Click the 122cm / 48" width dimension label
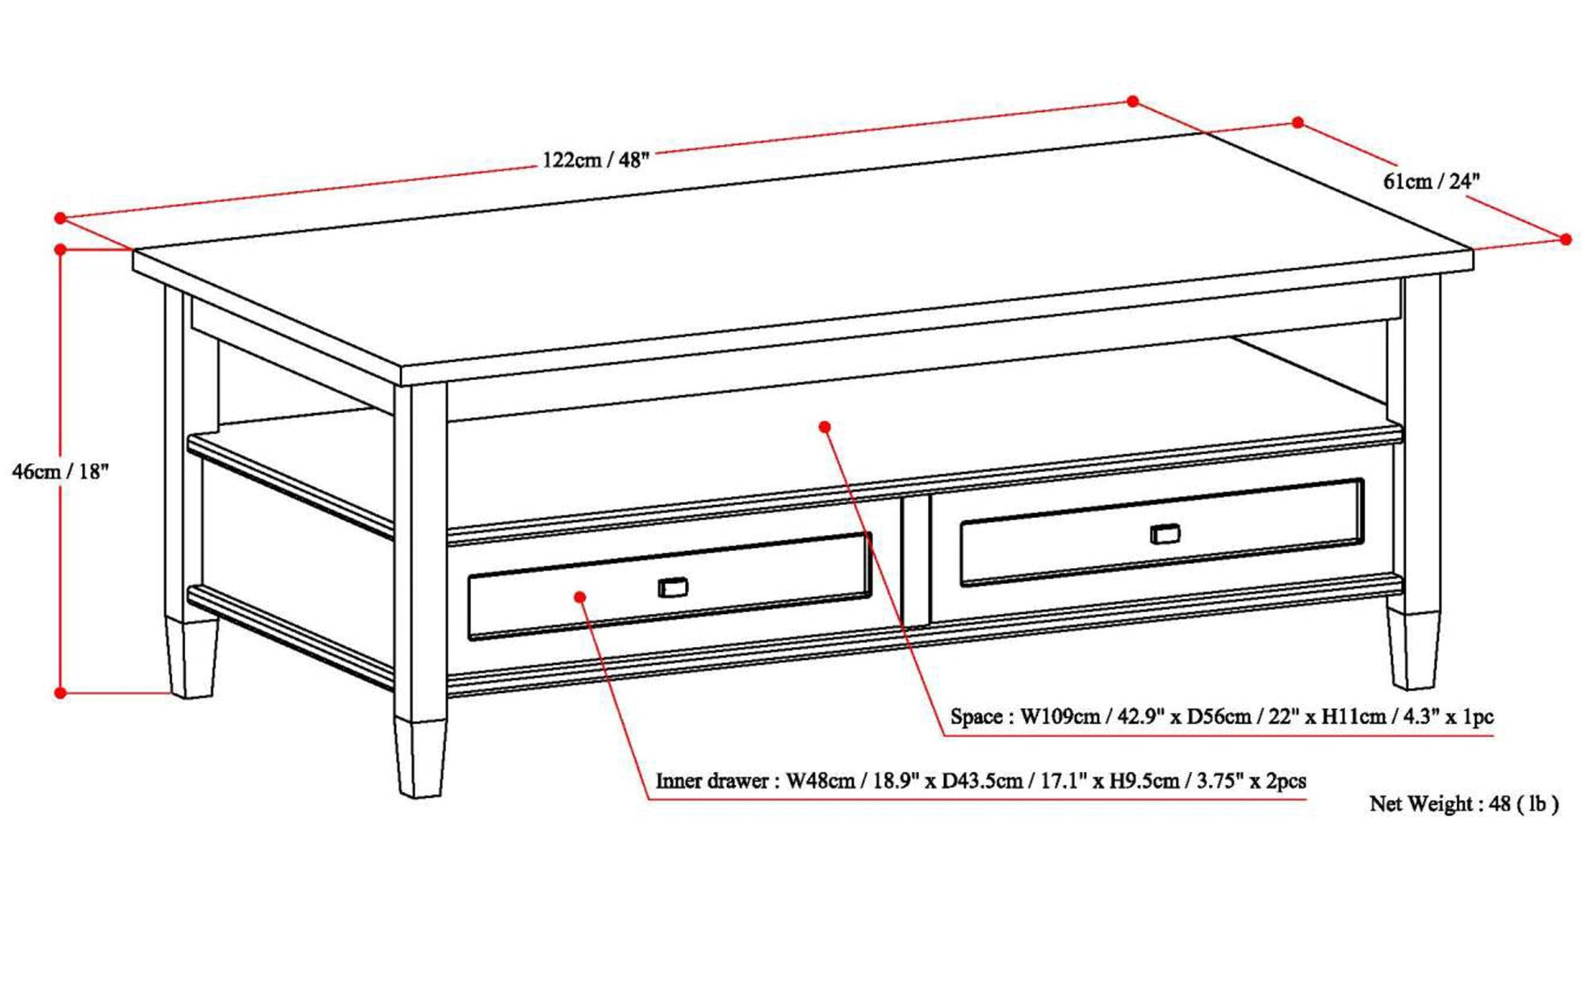[595, 160]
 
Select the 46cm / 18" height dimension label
[60, 471]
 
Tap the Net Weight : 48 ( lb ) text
[1464, 803]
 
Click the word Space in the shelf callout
[976, 716]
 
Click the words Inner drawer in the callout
[712, 780]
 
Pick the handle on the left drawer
[672, 587]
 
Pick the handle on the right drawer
[1165, 534]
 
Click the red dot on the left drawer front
[580, 597]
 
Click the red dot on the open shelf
[824, 427]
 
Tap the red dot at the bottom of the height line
[60, 693]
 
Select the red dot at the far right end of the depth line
[1566, 239]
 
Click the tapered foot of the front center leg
[420, 757]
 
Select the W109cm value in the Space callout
[1060, 716]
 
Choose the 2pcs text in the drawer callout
[1286, 780]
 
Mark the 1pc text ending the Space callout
[1477, 716]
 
